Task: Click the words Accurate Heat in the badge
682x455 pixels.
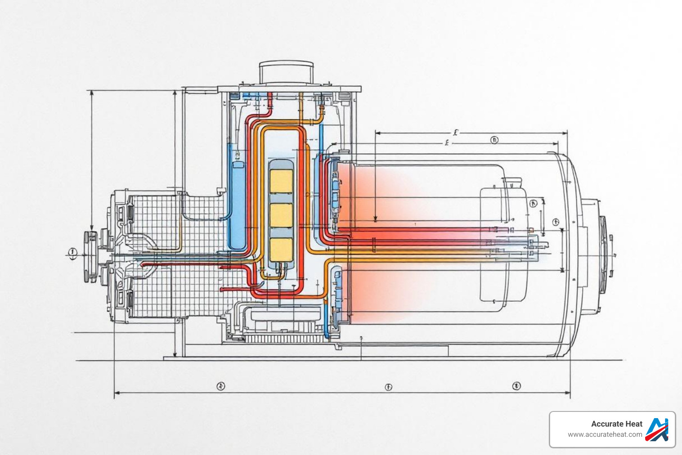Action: point(616,424)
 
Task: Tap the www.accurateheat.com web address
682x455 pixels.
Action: point(605,435)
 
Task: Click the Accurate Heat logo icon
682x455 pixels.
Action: point(657,429)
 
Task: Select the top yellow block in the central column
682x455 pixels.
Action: point(281,181)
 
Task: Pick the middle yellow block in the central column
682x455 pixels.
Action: point(281,216)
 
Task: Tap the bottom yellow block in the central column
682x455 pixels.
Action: point(281,249)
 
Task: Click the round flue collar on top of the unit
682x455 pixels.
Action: point(286,72)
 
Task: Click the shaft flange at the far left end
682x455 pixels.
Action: point(90,256)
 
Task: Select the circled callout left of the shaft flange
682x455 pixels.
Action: point(72,253)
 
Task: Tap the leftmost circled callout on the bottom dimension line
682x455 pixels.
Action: point(221,386)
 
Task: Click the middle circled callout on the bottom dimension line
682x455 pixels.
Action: point(389,387)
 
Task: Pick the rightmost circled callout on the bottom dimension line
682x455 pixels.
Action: point(516,386)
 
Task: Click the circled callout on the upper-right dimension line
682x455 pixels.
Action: point(494,140)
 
